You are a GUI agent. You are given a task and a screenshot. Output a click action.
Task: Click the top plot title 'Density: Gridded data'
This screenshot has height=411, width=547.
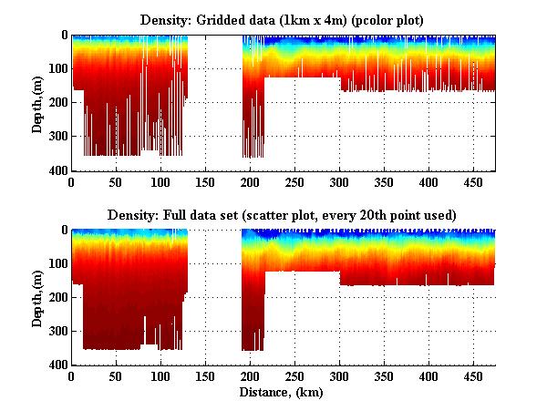coord(283,18)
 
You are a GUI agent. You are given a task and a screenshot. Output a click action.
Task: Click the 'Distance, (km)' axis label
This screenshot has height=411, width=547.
coord(283,393)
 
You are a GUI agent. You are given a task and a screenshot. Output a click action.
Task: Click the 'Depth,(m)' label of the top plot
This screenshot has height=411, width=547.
coord(37,103)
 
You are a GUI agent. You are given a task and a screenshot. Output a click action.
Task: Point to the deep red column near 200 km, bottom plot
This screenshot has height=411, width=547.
coord(253,310)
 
